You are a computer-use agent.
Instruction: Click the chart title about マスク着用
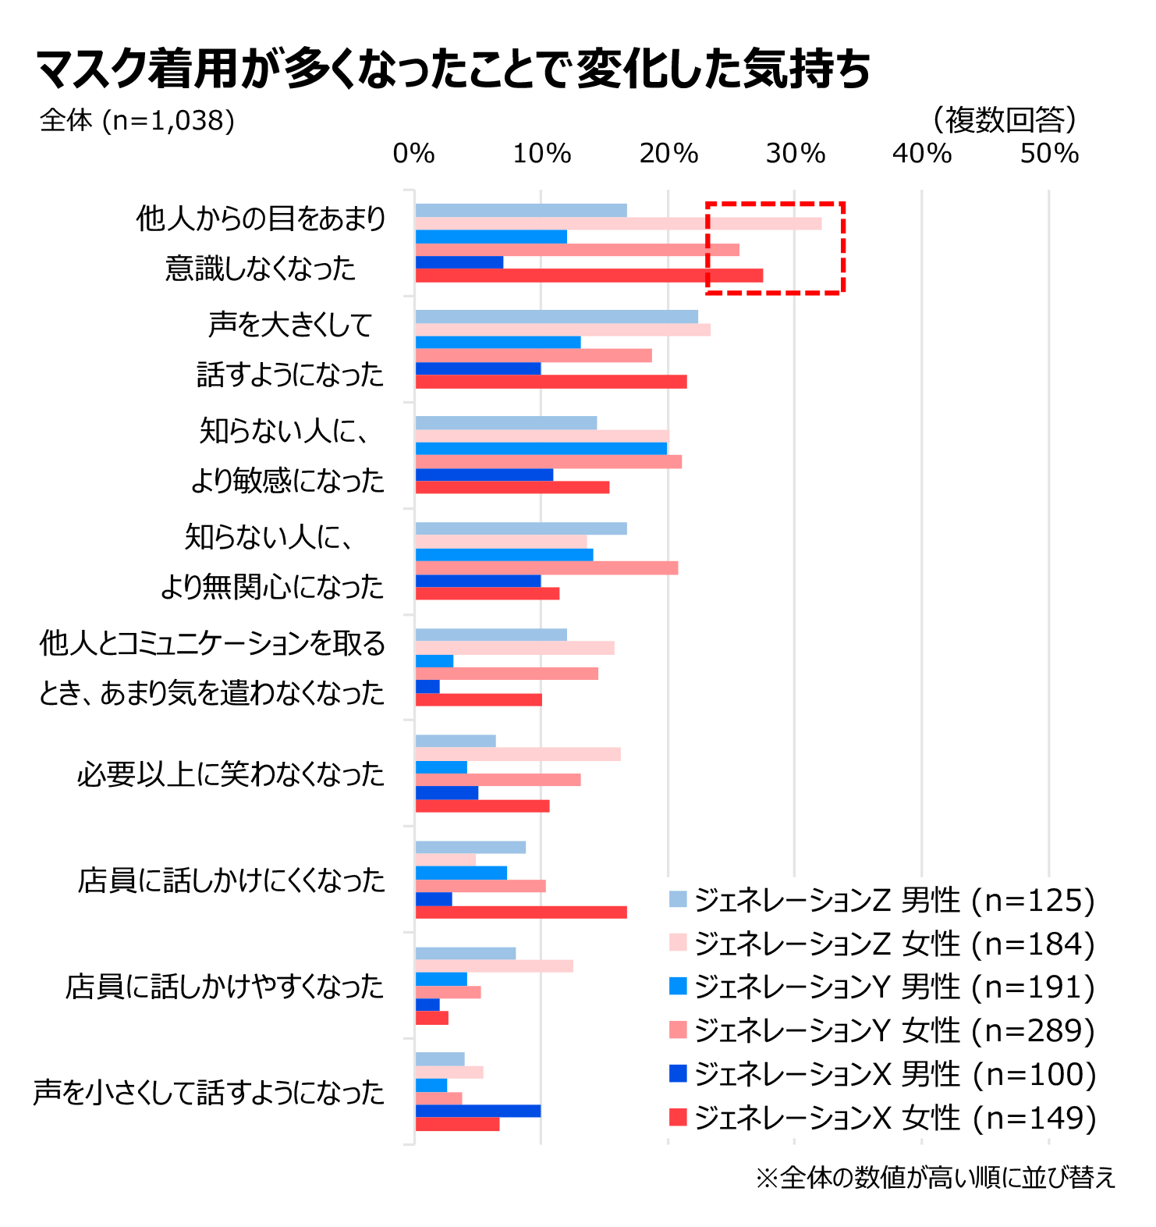coord(452,69)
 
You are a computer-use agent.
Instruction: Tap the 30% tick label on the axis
coord(795,154)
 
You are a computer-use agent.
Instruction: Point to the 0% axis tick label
coord(413,154)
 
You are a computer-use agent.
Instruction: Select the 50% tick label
coord(1049,154)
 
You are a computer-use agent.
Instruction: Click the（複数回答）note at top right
coord(1005,119)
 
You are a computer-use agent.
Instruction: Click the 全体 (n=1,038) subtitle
coord(137,120)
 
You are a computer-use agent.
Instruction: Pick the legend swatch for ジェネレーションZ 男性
coord(678,899)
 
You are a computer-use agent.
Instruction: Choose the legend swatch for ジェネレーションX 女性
coord(678,1118)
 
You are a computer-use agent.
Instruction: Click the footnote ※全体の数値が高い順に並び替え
coord(935,1177)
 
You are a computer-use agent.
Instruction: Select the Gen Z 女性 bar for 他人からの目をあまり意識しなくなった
coord(618,224)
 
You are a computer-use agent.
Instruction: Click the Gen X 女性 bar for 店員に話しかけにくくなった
coord(520,912)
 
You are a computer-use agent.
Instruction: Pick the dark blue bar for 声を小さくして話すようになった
coord(477,1111)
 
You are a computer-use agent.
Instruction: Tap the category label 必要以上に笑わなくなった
coord(231,774)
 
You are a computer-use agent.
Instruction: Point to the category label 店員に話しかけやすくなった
coord(225,987)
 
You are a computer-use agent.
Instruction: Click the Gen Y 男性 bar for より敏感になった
coord(541,449)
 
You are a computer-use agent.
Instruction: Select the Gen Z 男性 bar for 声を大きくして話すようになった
coord(556,317)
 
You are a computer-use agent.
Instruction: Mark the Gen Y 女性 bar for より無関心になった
coord(546,567)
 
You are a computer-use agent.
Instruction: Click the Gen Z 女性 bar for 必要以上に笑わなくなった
coord(517,754)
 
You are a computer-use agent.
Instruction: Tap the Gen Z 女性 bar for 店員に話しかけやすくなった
coord(494,966)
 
